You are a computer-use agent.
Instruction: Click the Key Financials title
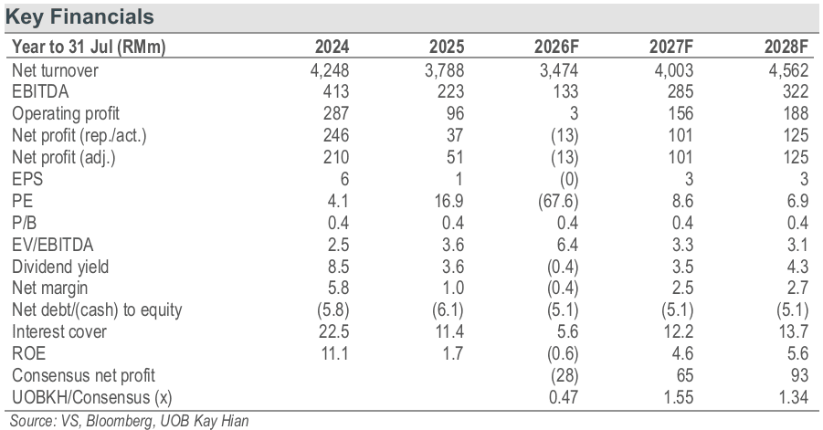[x=79, y=16]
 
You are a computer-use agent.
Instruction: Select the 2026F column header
[x=556, y=47]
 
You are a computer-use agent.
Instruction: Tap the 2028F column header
[x=786, y=47]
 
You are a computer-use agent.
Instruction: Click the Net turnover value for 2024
[x=330, y=70]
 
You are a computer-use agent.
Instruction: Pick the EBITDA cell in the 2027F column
[x=680, y=92]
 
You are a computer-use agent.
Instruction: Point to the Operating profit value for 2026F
[x=574, y=113]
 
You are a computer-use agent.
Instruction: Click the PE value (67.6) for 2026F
[x=558, y=201]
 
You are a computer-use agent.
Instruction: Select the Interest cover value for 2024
[x=333, y=332]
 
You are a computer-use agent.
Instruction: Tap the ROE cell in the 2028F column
[x=797, y=353]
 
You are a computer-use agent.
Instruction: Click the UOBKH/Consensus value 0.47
[x=564, y=397]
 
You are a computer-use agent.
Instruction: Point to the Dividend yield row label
[x=60, y=267]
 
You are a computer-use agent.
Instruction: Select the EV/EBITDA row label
[x=52, y=245]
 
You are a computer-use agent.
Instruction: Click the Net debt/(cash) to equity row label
[x=97, y=309]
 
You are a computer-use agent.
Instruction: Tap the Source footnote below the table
[x=129, y=421]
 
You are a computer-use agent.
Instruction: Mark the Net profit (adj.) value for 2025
[x=455, y=157]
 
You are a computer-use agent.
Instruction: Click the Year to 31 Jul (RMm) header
[x=89, y=47]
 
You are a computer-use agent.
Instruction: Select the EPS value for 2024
[x=344, y=179]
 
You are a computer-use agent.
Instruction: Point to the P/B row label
[x=24, y=223]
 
